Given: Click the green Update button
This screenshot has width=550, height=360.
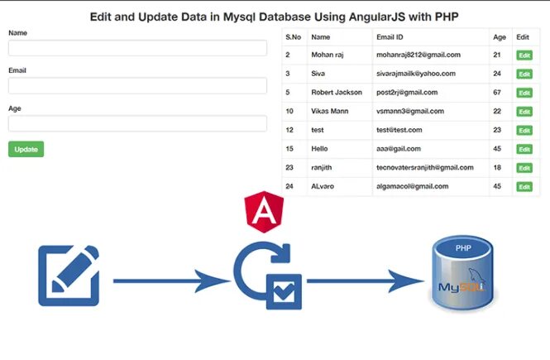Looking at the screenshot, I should point(26,150).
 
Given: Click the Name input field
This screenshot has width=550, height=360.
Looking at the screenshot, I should point(137,48).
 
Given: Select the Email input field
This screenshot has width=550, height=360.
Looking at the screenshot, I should point(137,85).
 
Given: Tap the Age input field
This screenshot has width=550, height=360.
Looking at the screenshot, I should point(137,123).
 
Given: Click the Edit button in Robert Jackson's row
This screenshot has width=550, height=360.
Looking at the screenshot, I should point(524,93).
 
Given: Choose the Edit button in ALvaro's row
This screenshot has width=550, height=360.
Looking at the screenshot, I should point(524,187).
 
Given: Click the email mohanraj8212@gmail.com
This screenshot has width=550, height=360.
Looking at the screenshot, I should point(418,55).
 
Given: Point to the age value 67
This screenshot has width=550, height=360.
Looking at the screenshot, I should point(497,92).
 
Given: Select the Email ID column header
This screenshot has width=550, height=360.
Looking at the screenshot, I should point(390,36).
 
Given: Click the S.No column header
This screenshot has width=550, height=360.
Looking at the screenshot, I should point(294,36).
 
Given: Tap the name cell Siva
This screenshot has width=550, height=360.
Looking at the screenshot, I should point(318,74).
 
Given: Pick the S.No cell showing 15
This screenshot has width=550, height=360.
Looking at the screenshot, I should point(289,149).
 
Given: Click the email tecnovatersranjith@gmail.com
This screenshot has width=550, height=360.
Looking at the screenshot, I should point(424,168).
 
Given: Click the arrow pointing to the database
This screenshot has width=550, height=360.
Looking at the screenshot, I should point(364,281).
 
